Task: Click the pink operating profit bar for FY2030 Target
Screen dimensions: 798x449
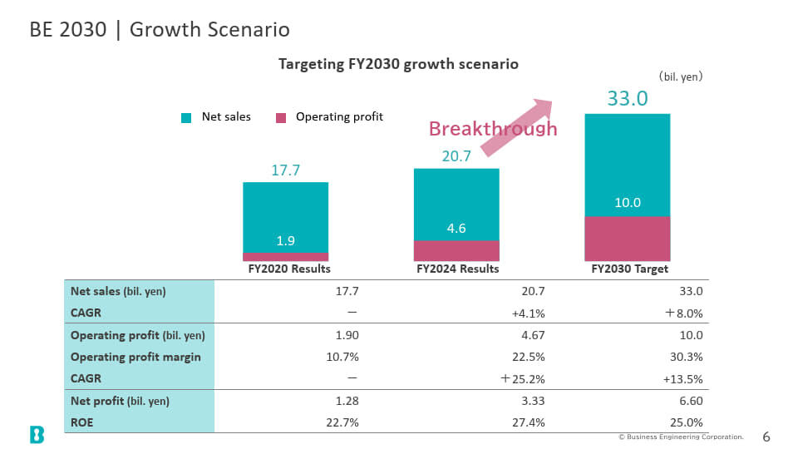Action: click(627, 239)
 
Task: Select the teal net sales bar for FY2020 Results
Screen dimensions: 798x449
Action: click(285, 217)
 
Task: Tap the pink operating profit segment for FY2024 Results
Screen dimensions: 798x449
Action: click(456, 250)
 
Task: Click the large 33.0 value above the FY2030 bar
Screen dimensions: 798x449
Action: click(628, 98)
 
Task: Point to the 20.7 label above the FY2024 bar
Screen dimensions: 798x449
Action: click(456, 155)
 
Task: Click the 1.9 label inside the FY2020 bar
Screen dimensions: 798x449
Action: click(285, 240)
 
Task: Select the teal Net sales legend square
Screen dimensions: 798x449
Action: click(186, 117)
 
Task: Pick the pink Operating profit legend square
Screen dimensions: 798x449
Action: click(281, 117)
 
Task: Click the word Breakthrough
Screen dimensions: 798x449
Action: click(493, 129)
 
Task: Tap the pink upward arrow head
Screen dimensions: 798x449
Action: click(543, 107)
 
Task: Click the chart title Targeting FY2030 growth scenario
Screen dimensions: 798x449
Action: click(398, 64)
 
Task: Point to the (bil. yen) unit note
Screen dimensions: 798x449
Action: click(681, 76)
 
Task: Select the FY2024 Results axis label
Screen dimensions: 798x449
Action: click(457, 269)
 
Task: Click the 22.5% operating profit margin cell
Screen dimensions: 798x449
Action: click(529, 357)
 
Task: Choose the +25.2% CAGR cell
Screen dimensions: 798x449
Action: click(523, 379)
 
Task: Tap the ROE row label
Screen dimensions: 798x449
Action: click(82, 422)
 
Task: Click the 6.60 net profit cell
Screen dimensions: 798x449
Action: click(691, 401)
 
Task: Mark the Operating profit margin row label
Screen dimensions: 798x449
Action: click(135, 358)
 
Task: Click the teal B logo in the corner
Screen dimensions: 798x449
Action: click(37, 435)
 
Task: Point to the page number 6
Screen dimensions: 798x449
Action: click(766, 437)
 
